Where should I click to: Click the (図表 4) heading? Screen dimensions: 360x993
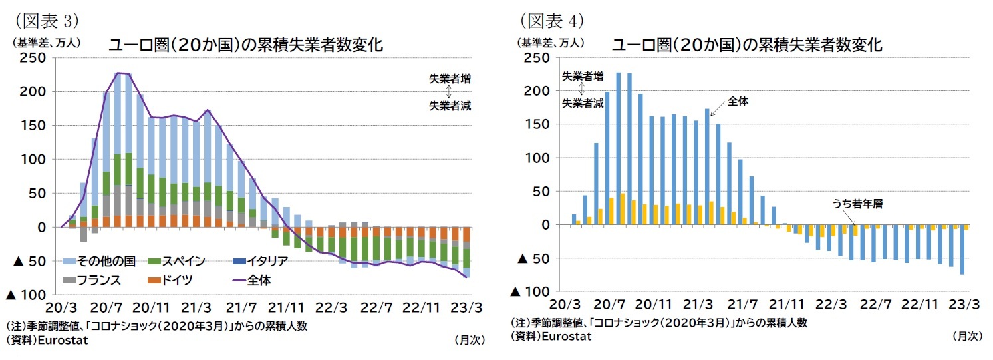click(x=551, y=21)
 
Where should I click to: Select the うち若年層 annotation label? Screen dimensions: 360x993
click(x=857, y=204)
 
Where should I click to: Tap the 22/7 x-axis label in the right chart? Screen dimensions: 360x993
click(x=876, y=304)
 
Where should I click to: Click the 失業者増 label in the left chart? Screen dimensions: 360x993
click(x=450, y=79)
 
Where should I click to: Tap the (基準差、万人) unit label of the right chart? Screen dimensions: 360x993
click(x=551, y=43)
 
